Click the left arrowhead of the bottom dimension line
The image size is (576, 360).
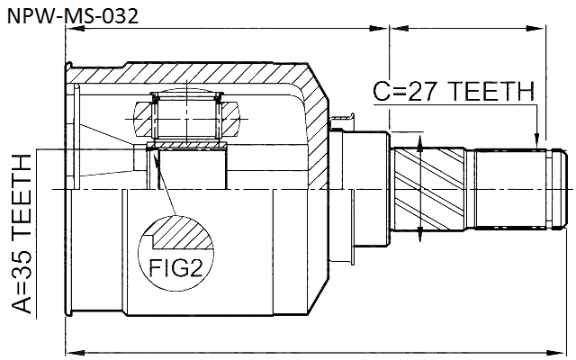point(74,350)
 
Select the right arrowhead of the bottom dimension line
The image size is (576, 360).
point(564,350)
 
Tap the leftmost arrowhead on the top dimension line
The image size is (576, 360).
point(74,30)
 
